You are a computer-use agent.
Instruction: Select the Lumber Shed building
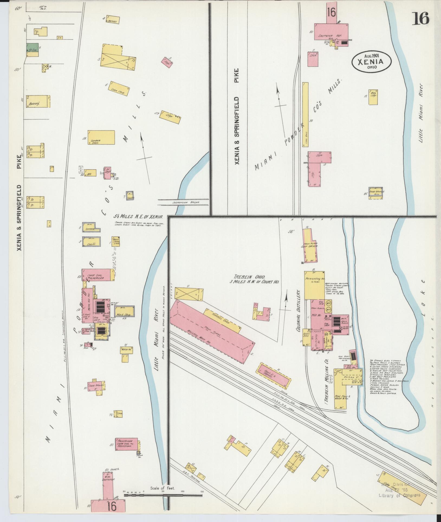point(101,138)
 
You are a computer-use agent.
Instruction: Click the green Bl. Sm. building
point(32,48)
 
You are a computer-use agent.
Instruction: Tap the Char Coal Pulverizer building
point(96,275)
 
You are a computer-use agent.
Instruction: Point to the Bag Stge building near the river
point(373,97)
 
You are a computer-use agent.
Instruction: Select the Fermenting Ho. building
point(314,285)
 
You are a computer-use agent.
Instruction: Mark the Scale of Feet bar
point(163,495)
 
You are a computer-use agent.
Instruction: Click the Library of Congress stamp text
point(400,495)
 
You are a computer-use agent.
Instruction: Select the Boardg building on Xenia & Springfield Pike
point(38,102)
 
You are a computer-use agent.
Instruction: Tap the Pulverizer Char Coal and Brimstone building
point(126,444)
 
